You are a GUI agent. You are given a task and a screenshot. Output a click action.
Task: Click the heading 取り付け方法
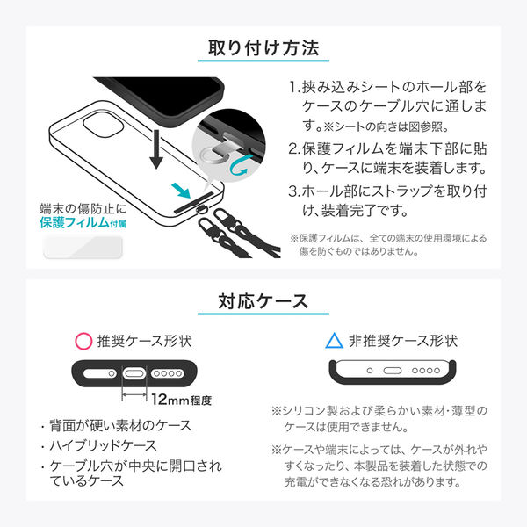point(263,47)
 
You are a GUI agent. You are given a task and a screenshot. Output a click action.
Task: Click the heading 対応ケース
point(263,300)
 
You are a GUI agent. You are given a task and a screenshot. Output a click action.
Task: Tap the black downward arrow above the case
point(156,149)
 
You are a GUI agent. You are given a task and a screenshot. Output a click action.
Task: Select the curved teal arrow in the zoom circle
point(239,166)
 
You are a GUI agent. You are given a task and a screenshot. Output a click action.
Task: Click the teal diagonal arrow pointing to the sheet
point(181,191)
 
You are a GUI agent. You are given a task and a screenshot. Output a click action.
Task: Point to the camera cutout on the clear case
point(103,125)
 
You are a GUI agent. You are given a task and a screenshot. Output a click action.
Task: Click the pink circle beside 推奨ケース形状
point(83,341)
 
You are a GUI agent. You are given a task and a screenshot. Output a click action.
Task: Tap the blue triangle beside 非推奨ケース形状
point(334,341)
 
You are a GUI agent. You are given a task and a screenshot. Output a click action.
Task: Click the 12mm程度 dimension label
point(181,400)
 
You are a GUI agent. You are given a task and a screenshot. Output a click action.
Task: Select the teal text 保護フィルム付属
point(83,222)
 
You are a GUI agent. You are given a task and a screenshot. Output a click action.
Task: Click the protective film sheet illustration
point(83,248)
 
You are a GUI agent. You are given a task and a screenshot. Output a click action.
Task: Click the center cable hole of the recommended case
point(134,373)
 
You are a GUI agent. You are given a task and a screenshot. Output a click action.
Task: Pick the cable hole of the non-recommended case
point(393,371)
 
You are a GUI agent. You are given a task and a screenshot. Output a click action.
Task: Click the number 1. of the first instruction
point(294,87)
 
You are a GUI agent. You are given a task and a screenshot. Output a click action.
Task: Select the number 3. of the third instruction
point(294,191)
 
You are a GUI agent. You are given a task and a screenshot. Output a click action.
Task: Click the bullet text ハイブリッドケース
point(103,445)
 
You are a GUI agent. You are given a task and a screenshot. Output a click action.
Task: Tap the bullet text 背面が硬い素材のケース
point(120,425)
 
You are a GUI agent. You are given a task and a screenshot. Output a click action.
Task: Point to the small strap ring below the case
point(201,210)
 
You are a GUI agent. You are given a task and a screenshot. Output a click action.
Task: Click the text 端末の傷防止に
point(83,208)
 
